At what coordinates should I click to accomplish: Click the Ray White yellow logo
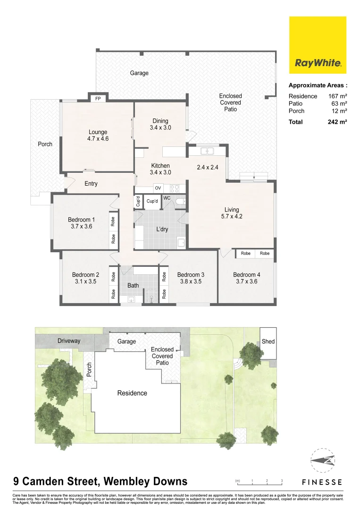click(318, 45)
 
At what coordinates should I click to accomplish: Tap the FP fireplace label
click(98, 99)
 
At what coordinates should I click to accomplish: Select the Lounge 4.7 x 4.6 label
click(98, 136)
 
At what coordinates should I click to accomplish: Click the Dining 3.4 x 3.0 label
click(160, 124)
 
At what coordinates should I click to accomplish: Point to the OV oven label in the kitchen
click(145, 188)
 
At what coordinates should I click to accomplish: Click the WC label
click(167, 198)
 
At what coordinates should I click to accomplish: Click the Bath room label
click(133, 285)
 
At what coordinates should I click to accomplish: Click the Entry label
click(91, 184)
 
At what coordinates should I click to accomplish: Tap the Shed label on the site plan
click(268, 341)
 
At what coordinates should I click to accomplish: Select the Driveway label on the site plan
click(69, 341)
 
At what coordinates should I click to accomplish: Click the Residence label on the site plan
click(132, 393)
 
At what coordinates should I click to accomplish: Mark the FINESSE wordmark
click(322, 482)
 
